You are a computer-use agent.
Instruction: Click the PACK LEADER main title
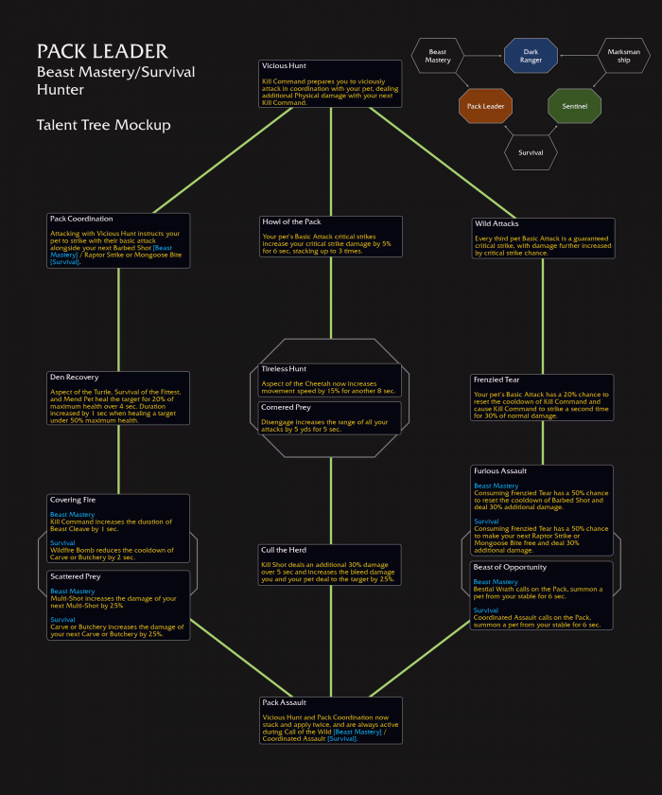(x=102, y=51)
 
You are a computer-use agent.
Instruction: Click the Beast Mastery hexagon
(x=438, y=56)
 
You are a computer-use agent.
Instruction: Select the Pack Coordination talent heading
(x=81, y=219)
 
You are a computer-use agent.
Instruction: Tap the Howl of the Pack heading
(x=293, y=222)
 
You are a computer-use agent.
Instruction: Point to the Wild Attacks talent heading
(x=496, y=223)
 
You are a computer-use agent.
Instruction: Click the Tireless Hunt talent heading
(x=284, y=369)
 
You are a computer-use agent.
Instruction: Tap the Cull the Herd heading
(x=284, y=550)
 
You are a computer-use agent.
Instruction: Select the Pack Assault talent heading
(x=284, y=703)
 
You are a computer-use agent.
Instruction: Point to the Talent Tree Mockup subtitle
(x=104, y=125)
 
